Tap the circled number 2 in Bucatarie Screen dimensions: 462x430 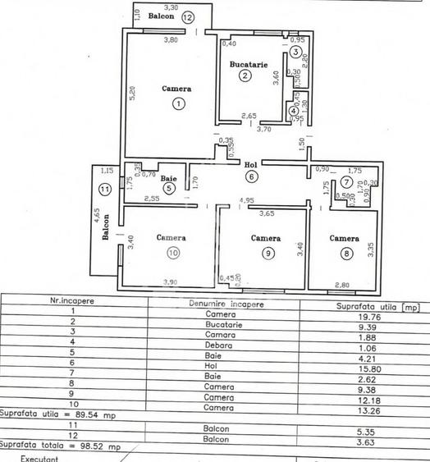(245, 76)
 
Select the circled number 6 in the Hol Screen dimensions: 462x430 (251, 175)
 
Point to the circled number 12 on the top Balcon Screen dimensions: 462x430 (188, 16)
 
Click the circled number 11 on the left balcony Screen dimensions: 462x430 (103, 189)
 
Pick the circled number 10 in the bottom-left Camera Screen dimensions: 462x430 (173, 253)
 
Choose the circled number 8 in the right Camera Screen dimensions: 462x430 (347, 254)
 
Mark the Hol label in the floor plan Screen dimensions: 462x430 (251, 164)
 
